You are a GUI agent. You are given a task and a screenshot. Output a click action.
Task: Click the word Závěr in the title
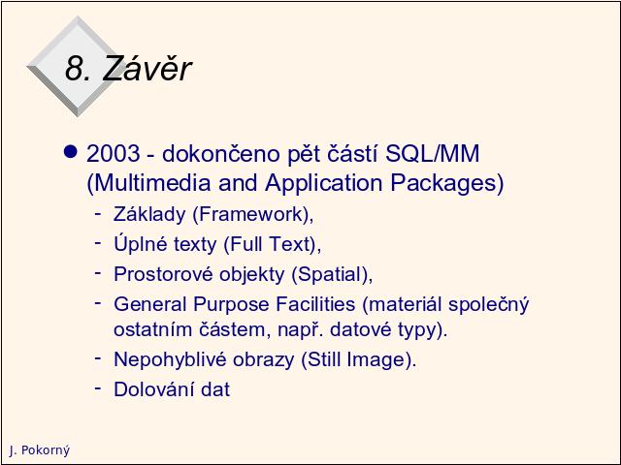pos(147,68)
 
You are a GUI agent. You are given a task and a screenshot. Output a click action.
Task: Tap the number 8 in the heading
pos(75,68)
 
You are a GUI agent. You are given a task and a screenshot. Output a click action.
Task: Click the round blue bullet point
pos(71,152)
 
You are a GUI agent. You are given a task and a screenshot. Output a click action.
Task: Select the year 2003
pos(114,153)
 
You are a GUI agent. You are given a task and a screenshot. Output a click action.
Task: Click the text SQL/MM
pos(433,153)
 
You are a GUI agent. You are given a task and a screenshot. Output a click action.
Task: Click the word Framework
pos(251,214)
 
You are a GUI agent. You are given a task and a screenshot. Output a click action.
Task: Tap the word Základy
pos(149,214)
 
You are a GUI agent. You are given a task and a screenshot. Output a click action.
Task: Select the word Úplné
pos(141,243)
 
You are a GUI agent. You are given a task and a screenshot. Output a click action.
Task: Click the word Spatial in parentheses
pos(331,274)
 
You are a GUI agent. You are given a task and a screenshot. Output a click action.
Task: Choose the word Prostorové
pos(164,274)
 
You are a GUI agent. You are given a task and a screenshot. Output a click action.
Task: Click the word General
pos(150,304)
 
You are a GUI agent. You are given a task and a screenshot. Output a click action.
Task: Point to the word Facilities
pos(315,304)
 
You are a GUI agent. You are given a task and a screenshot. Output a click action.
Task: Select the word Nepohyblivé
pos(171,359)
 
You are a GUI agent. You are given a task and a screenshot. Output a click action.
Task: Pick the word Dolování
pos(153,389)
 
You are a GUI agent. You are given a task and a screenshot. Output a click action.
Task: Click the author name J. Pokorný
pos(39,449)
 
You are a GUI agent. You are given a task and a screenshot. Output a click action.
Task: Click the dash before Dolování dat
pos(98,387)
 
